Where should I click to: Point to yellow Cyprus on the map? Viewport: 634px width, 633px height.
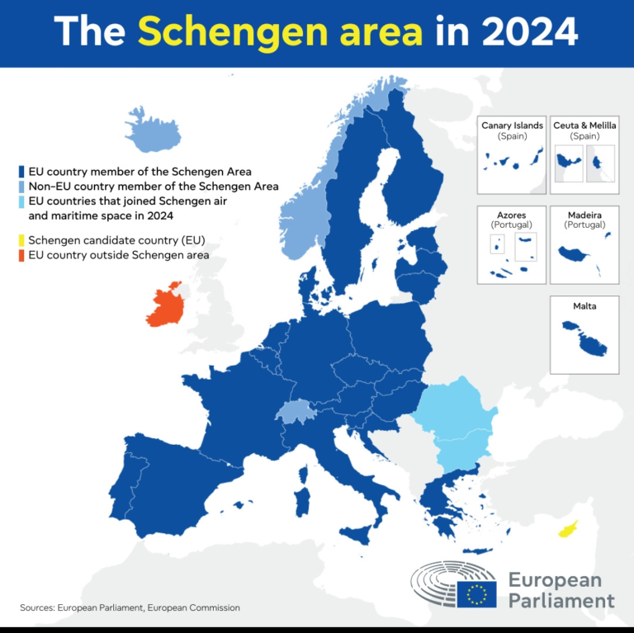569,529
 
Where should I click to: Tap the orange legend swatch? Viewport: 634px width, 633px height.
21,256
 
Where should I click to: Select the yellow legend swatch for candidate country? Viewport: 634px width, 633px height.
21,241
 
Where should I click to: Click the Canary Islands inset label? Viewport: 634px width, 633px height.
512,125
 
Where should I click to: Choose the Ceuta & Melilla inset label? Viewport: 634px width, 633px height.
584,125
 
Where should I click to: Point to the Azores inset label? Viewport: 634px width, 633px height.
512,215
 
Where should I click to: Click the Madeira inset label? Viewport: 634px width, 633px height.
584,215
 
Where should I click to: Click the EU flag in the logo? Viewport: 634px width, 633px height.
476,593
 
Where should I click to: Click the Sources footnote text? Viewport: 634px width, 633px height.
130,607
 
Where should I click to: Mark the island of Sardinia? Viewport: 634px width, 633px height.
303,502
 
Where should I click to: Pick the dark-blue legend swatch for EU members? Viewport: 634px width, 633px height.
21,172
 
